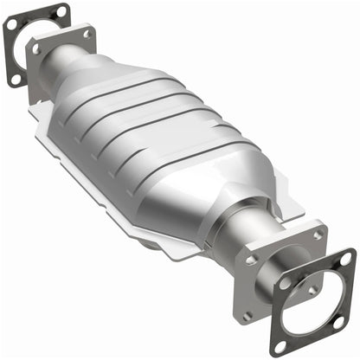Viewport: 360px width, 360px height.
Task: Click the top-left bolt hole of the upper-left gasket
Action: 11,25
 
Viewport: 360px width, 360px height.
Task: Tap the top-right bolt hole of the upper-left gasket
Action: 61,11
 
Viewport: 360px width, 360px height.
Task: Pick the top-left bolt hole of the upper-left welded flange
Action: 36,49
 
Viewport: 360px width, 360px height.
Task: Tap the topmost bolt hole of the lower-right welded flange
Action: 318,235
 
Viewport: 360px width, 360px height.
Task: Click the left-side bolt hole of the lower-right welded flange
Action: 252,259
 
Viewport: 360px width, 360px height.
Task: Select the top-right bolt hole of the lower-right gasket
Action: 346,259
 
